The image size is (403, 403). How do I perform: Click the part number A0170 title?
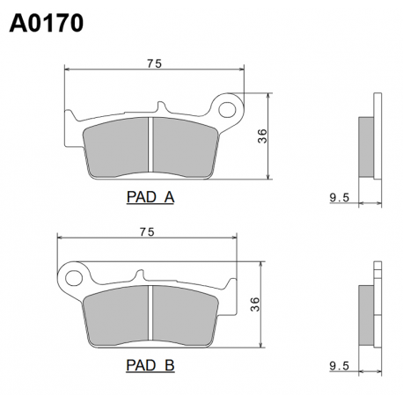pos(47,24)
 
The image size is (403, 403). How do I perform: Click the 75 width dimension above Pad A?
pos(154,63)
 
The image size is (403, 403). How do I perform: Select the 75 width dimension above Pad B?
pos(147,232)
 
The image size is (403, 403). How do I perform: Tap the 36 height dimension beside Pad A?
pos(262,136)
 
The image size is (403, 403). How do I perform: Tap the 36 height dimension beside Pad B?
pos(255,304)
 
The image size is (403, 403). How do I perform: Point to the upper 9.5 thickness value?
pos(340,198)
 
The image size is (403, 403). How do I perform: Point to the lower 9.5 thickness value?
pos(340,366)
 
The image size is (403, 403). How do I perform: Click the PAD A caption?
pos(150,197)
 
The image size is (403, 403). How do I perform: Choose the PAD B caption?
pos(150,365)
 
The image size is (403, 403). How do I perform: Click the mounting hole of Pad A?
pos(227,110)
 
